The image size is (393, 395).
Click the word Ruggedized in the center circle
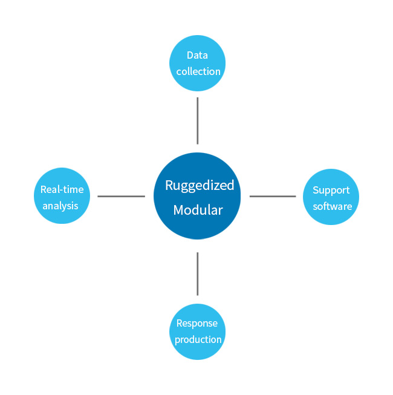click(x=200, y=186)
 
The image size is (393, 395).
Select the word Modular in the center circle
click(x=198, y=210)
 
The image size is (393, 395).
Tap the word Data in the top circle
click(x=197, y=55)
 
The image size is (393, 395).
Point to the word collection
click(x=198, y=71)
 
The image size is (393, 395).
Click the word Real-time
click(x=62, y=189)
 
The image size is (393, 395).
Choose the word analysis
click(x=60, y=206)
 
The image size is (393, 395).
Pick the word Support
click(x=331, y=191)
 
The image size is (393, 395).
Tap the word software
click(x=333, y=206)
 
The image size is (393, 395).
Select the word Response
click(x=197, y=324)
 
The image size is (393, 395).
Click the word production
click(x=198, y=340)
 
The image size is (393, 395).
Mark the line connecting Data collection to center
click(x=197, y=121)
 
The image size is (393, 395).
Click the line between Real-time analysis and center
click(x=121, y=196)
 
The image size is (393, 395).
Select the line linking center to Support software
click(x=273, y=196)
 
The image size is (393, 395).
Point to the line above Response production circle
click(x=197, y=274)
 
